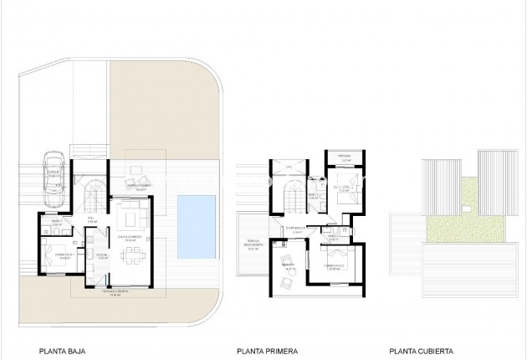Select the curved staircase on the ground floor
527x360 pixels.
pos(93,198)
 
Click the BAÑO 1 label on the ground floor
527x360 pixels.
pos(56,223)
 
